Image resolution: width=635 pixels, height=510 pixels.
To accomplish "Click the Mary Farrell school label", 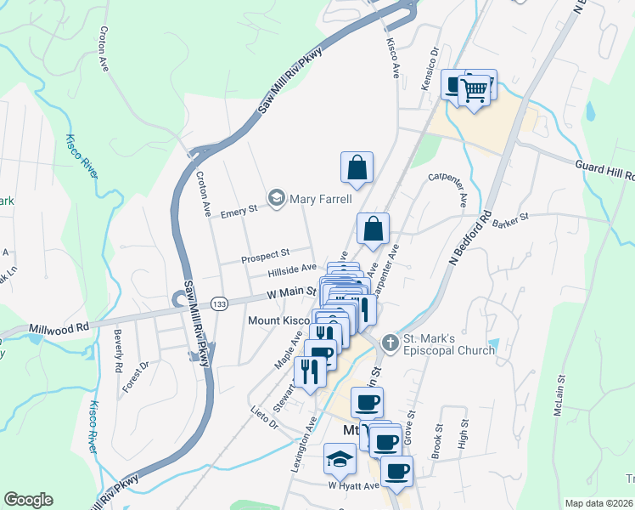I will coord(321,199).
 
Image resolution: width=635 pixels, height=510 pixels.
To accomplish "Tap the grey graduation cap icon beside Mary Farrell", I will coord(276,199).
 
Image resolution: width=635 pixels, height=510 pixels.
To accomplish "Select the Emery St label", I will coord(239,211).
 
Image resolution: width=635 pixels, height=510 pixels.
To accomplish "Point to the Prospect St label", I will coord(266,253).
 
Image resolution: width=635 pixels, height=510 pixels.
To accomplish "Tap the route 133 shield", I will coord(219,303).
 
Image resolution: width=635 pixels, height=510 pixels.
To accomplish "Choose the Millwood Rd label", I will coord(59,326).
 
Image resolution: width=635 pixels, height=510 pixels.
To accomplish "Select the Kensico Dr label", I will coord(435,66).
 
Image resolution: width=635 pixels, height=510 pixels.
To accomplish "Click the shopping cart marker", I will coord(476,88).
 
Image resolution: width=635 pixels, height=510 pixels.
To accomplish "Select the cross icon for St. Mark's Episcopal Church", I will coord(390,343).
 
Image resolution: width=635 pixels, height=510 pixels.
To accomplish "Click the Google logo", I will coord(28,500).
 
